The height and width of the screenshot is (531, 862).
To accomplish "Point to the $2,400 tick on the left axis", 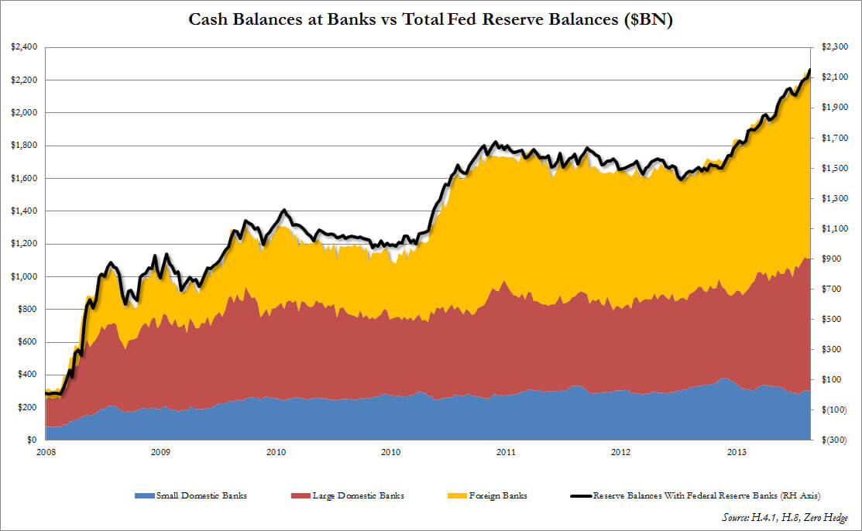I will [x=23, y=47].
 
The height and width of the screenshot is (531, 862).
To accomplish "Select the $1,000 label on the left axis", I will [x=23, y=276].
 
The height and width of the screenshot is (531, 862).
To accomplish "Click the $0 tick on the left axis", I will [x=31, y=440].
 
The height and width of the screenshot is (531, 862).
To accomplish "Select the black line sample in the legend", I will [x=580, y=495].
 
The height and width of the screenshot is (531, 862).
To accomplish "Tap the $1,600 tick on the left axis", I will [x=23, y=178].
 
